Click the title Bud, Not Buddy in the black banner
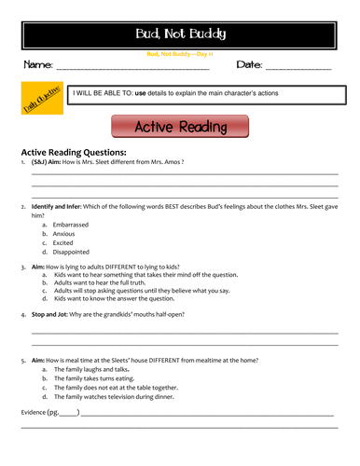pyautogui.click(x=180, y=34)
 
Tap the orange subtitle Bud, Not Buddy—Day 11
pyautogui.click(x=180, y=54)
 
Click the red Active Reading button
pyautogui.click(x=180, y=127)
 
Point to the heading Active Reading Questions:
pyautogui.click(x=73, y=152)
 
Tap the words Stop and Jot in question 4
pyautogui.click(x=54, y=315)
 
